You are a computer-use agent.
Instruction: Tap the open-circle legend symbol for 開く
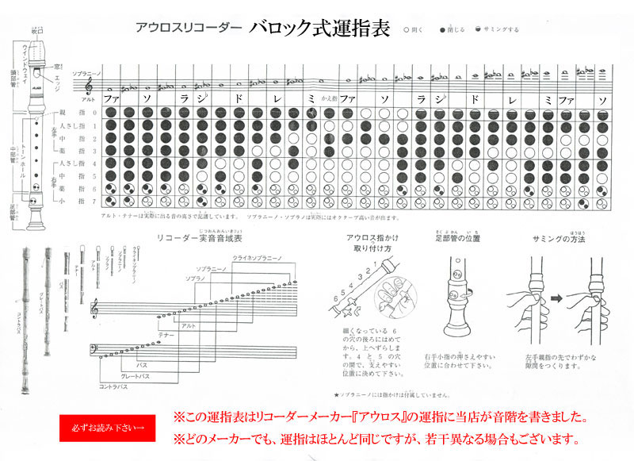pos(407,29)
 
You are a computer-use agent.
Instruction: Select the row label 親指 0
pos(83,113)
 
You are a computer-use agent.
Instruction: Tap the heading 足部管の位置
pos(458,239)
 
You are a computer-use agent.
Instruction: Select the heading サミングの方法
pos(559,239)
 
